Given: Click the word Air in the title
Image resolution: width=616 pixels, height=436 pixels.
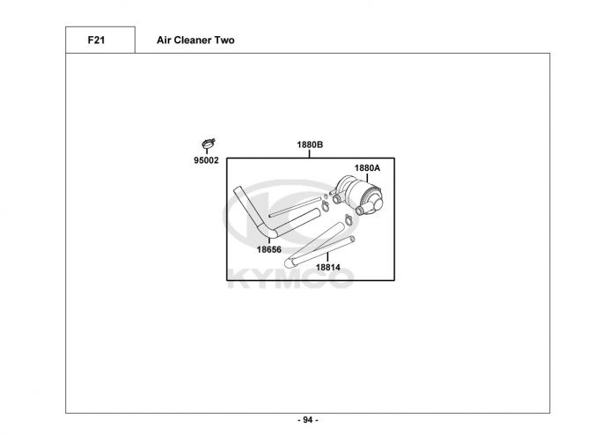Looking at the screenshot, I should point(165,41).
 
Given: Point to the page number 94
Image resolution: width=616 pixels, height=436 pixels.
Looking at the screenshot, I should point(307,420).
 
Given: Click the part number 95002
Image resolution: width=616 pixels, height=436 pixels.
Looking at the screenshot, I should point(206,160).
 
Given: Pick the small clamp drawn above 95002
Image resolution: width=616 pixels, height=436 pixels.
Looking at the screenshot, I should point(208,144).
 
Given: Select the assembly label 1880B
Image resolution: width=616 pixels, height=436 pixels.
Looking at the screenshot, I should point(310,144).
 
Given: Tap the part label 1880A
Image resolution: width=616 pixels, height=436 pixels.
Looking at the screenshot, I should point(367,167).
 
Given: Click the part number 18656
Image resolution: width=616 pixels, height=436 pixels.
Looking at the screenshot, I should point(269,248).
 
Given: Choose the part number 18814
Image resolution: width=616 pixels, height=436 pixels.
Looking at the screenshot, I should point(328,267).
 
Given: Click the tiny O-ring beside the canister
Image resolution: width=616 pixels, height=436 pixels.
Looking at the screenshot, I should point(326,196).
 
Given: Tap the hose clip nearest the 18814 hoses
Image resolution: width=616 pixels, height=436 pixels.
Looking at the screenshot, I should point(348,219).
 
